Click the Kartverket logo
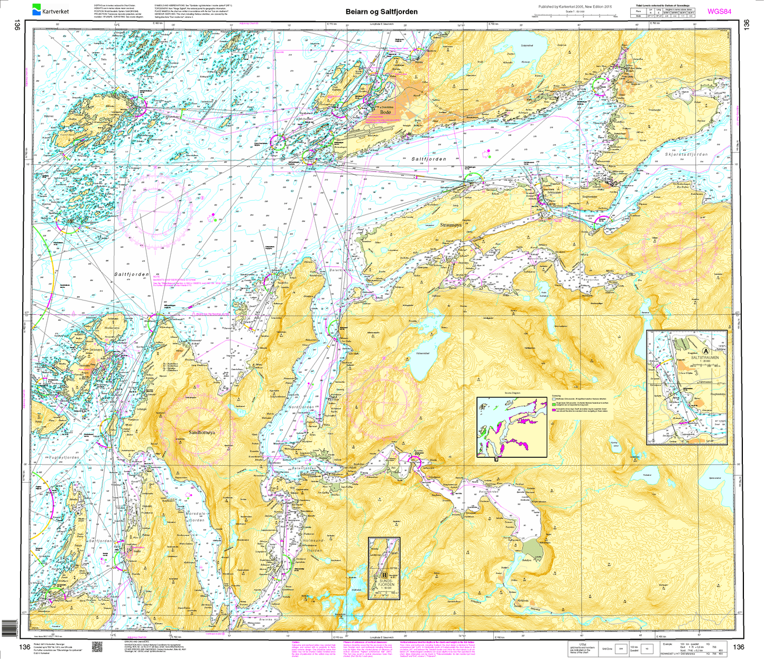[47, 10]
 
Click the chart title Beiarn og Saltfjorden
[381, 12]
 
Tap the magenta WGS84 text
[719, 11]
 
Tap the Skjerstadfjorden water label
[686, 155]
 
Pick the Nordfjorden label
[301, 407]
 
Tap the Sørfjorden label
[100, 541]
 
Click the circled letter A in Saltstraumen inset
[707, 351]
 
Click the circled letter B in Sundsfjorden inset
[384, 575]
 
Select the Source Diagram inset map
[512, 427]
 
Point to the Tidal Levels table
[666, 12]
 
